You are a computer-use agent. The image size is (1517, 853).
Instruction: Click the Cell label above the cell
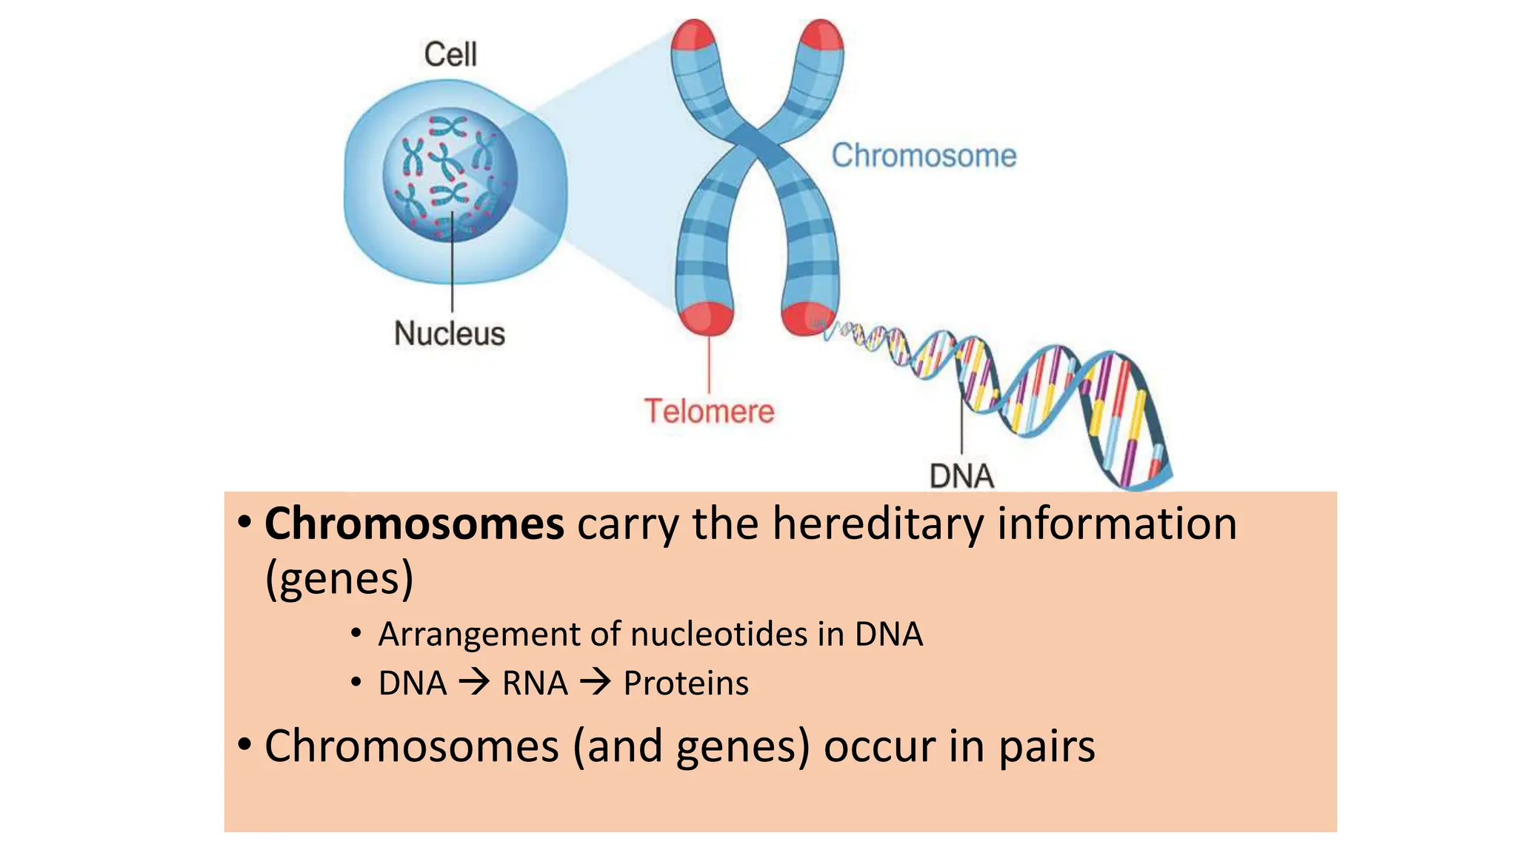point(450,54)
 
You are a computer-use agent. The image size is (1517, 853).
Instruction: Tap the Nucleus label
point(449,333)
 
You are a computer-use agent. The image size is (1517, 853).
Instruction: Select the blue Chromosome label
point(924,155)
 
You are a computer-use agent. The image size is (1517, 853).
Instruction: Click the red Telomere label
point(709,411)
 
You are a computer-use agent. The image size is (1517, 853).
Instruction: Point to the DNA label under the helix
point(961,476)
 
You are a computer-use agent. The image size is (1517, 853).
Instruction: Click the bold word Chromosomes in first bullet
point(414,524)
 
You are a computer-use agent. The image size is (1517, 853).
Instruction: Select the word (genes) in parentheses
point(339,579)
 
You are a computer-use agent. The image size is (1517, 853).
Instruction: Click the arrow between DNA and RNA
point(474,682)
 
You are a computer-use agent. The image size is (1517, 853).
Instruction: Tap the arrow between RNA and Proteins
point(596,682)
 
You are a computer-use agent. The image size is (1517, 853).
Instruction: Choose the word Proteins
point(686,683)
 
